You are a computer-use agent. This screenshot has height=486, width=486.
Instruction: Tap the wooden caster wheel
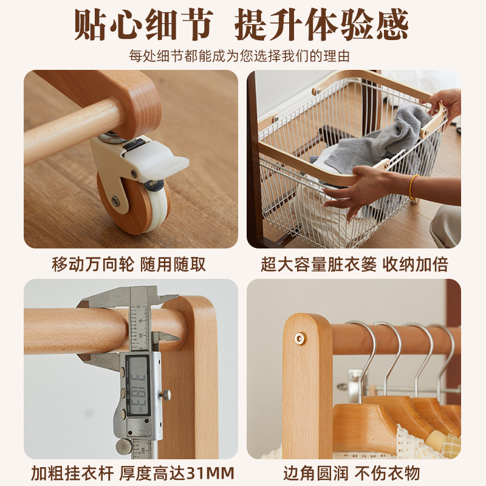click(133, 205)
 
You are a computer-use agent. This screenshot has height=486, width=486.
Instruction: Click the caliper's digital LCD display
click(137, 385)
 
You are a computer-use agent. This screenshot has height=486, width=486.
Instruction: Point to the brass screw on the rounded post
click(300, 338)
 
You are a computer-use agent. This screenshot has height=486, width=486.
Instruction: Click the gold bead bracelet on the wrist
click(413, 187)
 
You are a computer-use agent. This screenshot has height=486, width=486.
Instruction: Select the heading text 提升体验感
click(321, 25)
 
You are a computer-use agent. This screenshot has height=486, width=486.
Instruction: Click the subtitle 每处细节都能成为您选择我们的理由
click(239, 56)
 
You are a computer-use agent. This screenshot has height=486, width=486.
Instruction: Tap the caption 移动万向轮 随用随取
click(129, 264)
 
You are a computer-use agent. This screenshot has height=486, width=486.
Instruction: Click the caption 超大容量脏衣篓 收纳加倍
click(355, 264)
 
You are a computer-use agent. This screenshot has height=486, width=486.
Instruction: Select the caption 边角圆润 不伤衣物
click(352, 473)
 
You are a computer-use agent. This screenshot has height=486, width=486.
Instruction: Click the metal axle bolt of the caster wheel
click(115, 200)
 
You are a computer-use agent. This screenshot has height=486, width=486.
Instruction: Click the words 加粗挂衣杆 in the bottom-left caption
click(72, 473)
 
